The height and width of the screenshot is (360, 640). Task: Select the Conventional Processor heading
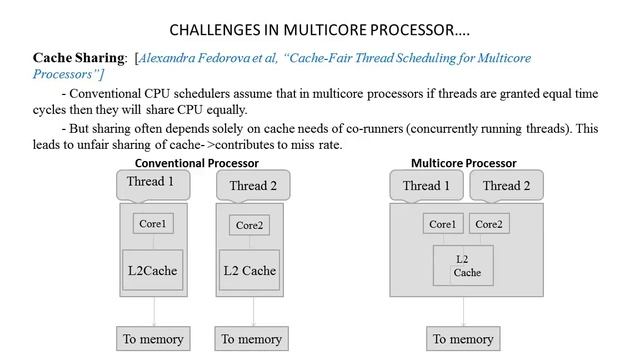pyautogui.click(x=197, y=163)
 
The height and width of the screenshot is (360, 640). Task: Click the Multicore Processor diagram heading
pyautogui.click(x=463, y=163)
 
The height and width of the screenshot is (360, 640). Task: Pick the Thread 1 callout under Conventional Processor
pyautogui.click(x=151, y=183)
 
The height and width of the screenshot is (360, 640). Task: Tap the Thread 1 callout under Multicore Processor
pyautogui.click(x=425, y=185)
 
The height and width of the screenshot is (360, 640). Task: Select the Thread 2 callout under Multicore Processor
pyautogui.click(x=506, y=185)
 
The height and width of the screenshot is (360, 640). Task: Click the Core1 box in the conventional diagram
pyautogui.click(x=151, y=224)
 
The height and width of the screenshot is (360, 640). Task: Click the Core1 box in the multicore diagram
pyautogui.click(x=442, y=224)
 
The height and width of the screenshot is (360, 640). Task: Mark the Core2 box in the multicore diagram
pyautogui.click(x=490, y=224)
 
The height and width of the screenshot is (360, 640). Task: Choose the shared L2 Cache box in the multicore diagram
pyautogui.click(x=463, y=265)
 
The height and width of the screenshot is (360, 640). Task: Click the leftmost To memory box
pyautogui.click(x=150, y=339)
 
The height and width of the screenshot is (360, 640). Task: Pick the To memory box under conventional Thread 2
pyautogui.click(x=252, y=339)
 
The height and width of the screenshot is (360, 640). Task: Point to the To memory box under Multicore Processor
pyautogui.click(x=463, y=339)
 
